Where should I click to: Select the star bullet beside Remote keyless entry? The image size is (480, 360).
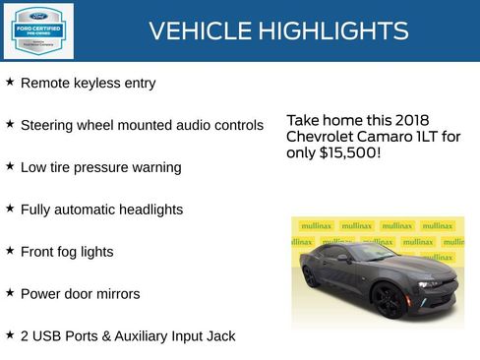(x=10, y=83)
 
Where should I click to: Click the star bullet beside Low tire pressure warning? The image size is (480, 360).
(x=10, y=166)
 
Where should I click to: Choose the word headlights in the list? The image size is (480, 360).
(x=146, y=210)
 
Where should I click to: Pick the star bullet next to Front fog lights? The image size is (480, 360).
(x=10, y=251)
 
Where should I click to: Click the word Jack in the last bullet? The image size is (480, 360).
(x=220, y=335)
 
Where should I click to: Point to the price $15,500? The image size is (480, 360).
(x=346, y=154)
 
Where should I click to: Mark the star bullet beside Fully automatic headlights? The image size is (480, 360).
(x=10, y=209)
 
